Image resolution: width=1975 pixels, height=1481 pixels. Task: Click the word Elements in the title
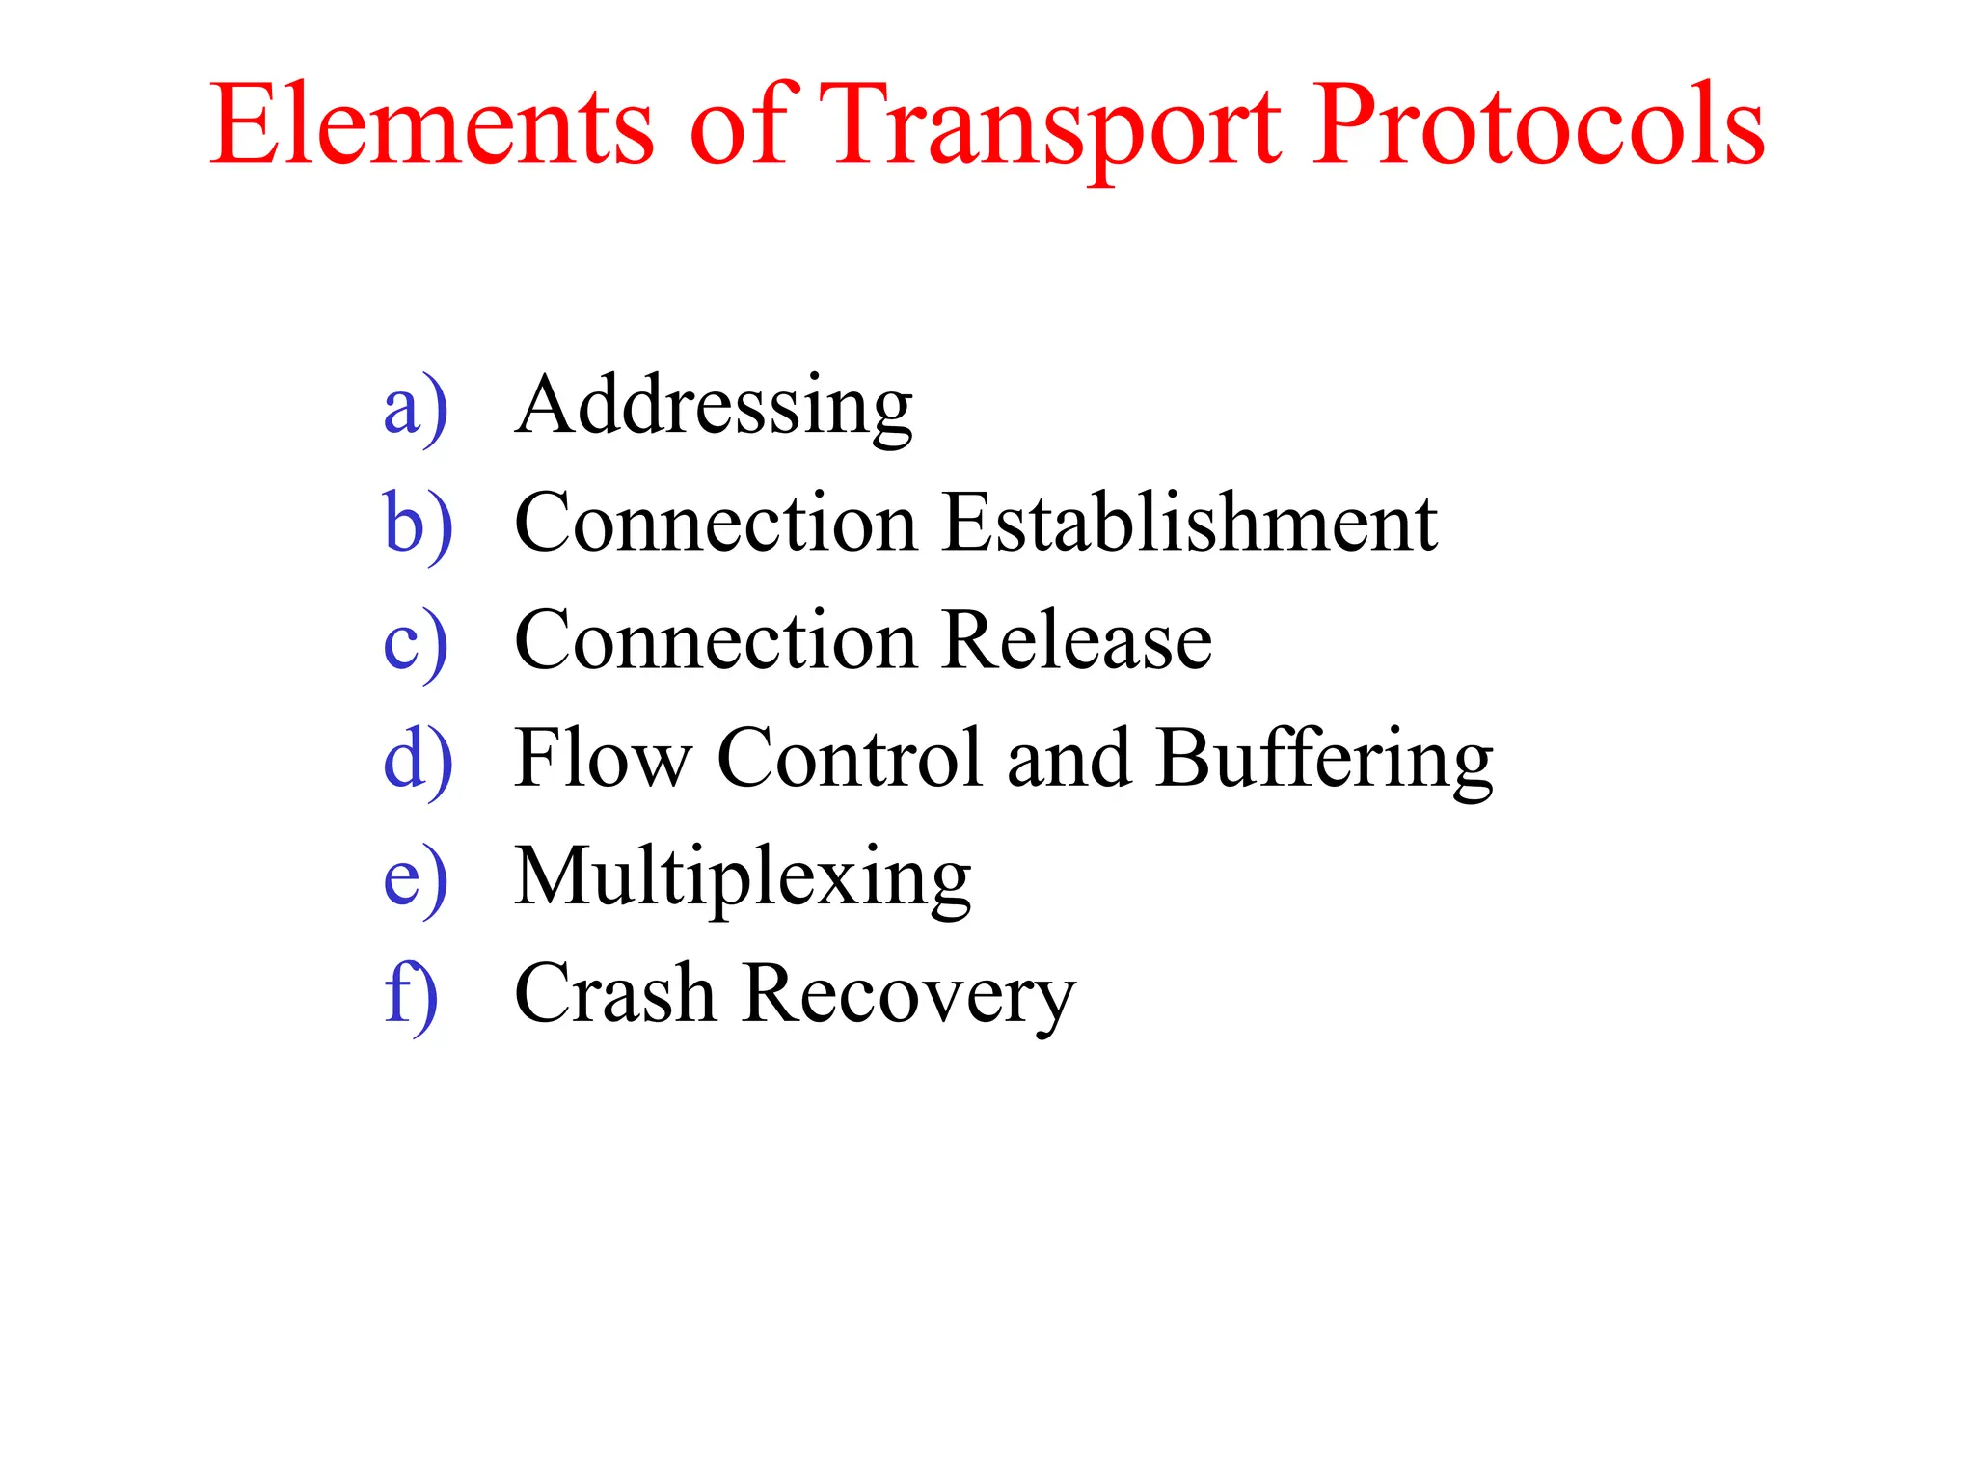[x=431, y=125]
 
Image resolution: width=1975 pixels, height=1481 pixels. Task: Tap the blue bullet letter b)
[x=418, y=525]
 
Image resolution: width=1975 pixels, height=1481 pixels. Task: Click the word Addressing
[x=714, y=406]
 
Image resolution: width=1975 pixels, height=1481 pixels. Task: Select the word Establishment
[x=1190, y=523]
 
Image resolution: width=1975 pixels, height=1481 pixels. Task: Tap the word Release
[x=1077, y=641]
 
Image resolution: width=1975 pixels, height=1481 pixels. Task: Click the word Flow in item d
[x=603, y=759]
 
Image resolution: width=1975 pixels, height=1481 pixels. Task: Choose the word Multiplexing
[x=743, y=877]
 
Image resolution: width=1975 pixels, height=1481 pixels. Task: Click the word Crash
[x=614, y=993]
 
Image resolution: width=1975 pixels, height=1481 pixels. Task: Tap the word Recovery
[x=909, y=996]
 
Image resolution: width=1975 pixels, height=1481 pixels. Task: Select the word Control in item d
[x=850, y=759]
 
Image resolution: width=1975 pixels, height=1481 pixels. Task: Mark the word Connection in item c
[x=716, y=641]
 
